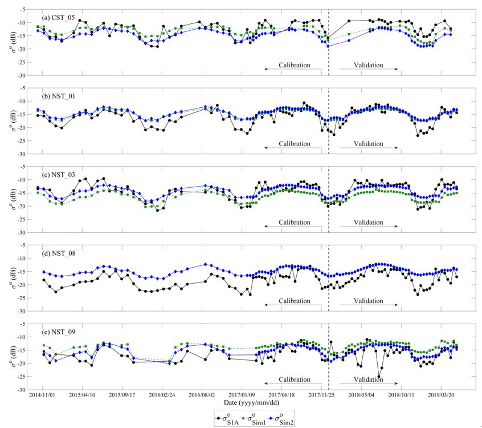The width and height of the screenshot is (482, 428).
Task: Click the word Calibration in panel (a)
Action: [x=294, y=65]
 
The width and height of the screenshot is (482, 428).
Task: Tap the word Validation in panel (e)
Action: [x=369, y=379]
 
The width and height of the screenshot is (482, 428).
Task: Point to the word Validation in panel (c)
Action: [x=369, y=222]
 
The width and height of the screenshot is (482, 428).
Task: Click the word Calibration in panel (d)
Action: [x=294, y=301]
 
